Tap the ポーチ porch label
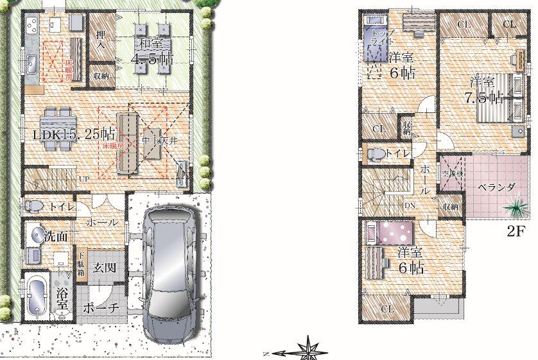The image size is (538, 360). [101, 309]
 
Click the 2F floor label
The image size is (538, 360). [517, 232]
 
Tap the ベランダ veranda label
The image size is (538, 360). [498, 187]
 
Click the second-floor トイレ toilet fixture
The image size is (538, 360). [377, 153]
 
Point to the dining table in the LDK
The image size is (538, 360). [56, 121]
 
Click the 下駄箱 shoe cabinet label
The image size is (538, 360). [82, 262]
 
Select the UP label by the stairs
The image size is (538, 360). [84, 179]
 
